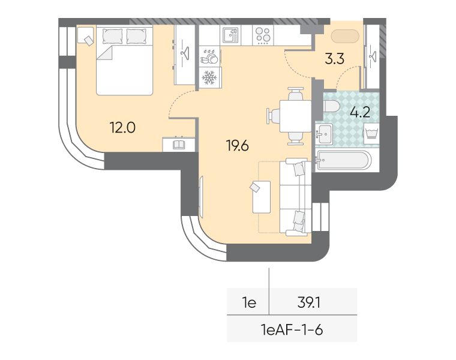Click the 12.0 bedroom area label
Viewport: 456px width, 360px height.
122,127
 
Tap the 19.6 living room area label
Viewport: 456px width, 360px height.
238,145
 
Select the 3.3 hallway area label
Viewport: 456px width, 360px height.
334,58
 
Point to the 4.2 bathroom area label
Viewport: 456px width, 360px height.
360,112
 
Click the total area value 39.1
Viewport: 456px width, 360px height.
309,303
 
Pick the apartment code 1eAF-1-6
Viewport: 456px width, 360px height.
292,330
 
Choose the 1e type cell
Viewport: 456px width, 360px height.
249,303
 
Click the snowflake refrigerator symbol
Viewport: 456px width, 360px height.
209,77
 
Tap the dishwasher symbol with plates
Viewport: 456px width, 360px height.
209,56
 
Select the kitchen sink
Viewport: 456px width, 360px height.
230,35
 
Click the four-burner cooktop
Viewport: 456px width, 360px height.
263,35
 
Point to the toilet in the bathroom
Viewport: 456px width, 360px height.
331,106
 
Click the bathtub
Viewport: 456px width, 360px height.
344,160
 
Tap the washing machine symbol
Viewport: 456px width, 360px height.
371,133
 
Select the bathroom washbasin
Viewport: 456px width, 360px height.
324,134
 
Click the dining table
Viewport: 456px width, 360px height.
295,116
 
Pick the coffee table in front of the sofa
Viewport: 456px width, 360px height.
262,197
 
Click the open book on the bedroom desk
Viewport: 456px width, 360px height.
179,145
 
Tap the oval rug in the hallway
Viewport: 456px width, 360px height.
345,37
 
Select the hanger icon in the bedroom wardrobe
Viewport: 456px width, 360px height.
184,52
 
